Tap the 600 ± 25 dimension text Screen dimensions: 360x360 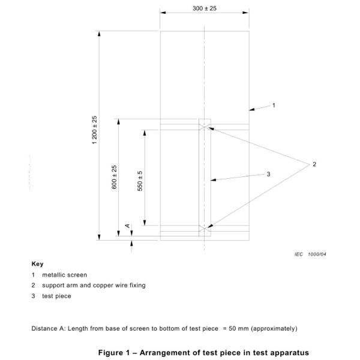pos(114,178)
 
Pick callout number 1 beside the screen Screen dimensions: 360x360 pos(274,105)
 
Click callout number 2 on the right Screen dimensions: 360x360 pos(314,164)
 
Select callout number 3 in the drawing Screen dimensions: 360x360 pos(269,175)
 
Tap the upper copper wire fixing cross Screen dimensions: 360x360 pos(205,126)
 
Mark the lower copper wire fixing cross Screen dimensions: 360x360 pos(205,229)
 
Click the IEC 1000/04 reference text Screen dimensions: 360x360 pos(310,254)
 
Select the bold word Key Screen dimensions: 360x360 pos(37,264)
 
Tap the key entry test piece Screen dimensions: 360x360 pos(56,296)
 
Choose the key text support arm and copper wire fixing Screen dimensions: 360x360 pos(94,285)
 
